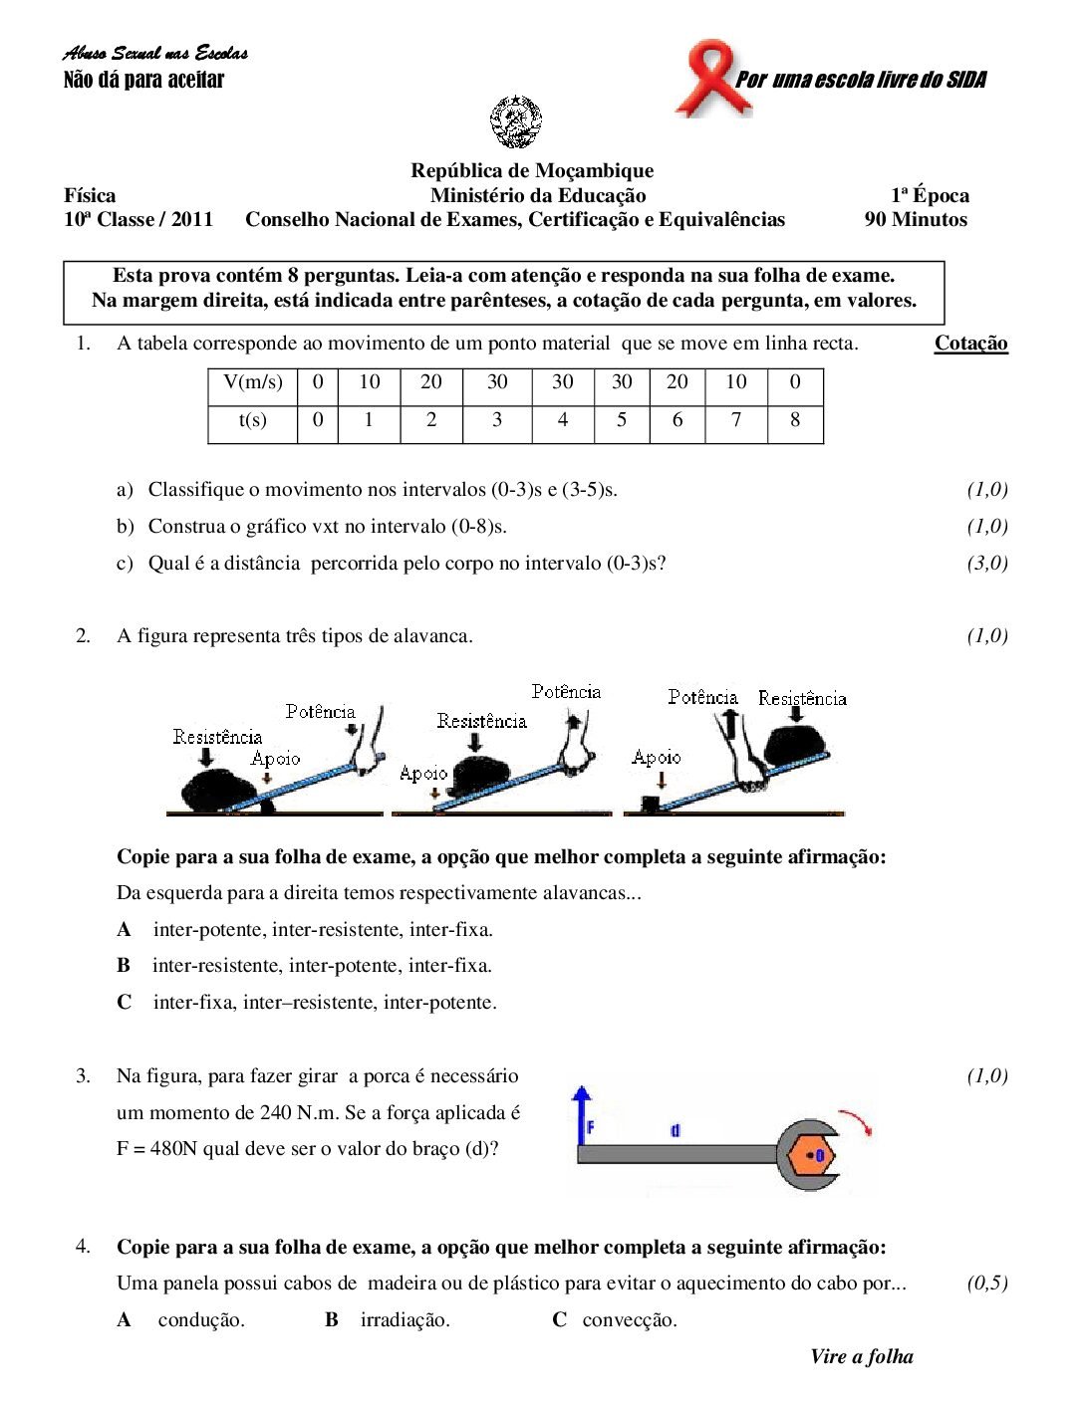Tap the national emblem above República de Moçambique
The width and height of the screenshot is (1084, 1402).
[516, 121]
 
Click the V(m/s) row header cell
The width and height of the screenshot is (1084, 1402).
[253, 382]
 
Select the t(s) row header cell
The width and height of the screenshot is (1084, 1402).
[253, 420]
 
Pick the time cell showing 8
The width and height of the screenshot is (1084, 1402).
[795, 420]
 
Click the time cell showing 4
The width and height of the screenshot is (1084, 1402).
[563, 420]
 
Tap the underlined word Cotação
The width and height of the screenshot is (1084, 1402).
[970, 344]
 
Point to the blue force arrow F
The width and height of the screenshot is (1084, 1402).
[581, 1115]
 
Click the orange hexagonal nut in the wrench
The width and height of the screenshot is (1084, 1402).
[812, 1156]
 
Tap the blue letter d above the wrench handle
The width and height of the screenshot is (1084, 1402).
[676, 1130]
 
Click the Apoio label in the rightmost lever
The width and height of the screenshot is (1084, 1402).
[657, 758]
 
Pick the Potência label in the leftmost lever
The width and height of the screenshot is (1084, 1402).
[320, 712]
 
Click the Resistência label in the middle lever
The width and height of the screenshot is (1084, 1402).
[481, 721]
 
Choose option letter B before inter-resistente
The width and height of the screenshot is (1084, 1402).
[124, 966]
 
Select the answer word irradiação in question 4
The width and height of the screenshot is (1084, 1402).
[405, 1320]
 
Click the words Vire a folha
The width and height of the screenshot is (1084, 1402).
[862, 1357]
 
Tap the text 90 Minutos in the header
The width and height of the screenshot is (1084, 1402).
[916, 220]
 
